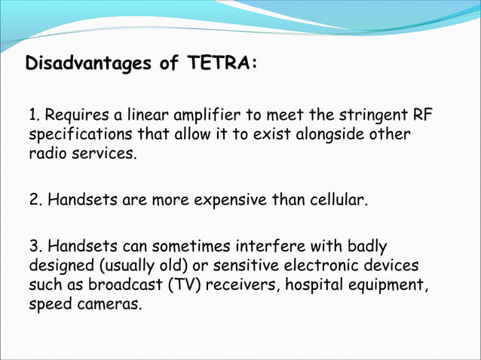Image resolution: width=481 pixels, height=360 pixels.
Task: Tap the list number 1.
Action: [33, 117]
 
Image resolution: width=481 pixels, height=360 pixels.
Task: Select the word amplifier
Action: [204, 117]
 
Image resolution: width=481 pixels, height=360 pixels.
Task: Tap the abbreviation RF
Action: [423, 117]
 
